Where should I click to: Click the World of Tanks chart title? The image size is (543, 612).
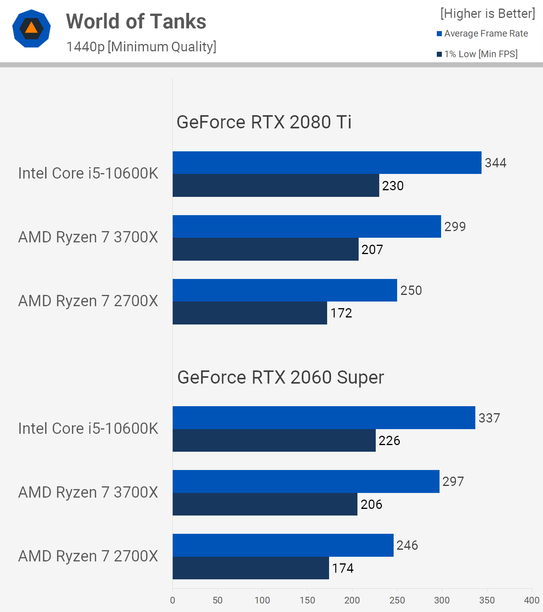[136, 21]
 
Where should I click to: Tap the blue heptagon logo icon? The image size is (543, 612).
[32, 28]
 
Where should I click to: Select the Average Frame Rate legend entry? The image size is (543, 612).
[482, 33]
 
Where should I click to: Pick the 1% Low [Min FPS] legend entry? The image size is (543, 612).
[477, 54]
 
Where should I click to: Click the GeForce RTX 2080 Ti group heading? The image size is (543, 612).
[264, 122]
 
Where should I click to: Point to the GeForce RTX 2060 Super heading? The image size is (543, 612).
[280, 377]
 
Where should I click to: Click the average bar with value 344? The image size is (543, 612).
[327, 163]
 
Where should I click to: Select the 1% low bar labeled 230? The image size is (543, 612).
[276, 186]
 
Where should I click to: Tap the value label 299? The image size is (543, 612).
[455, 226]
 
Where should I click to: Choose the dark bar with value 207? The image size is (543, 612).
[265, 249]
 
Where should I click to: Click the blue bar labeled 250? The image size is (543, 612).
[285, 290]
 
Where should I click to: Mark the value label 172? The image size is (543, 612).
[341, 313]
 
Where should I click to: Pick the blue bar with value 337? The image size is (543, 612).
[324, 418]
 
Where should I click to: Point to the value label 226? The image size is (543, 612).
[389, 441]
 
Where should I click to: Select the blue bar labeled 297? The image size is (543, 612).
[306, 482]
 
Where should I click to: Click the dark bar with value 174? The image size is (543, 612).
[250, 568]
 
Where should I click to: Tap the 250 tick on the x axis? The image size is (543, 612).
[397, 600]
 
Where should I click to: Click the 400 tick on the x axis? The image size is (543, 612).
[532, 600]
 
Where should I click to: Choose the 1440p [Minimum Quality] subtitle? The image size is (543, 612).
[141, 47]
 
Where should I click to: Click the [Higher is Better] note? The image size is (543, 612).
[488, 14]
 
